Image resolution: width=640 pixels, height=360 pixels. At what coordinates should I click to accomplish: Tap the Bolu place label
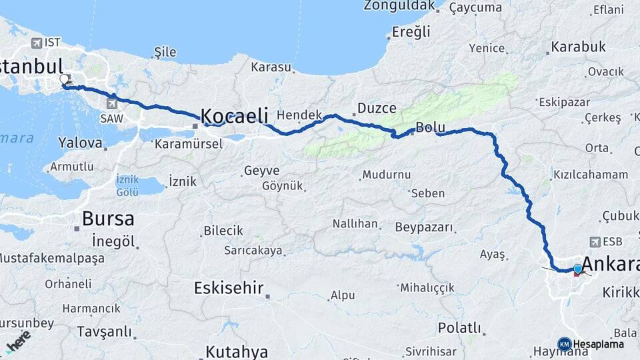pos(429,127)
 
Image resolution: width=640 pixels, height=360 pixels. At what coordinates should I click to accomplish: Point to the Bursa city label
pos(107,219)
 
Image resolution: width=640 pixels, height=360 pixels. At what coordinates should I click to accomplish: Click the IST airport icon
pos(36,43)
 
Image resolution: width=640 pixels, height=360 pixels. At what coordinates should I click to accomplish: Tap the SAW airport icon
pos(111,103)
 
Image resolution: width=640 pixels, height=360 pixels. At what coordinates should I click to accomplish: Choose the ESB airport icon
pos(595,242)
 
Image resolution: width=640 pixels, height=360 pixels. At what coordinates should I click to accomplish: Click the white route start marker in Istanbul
pos(64,79)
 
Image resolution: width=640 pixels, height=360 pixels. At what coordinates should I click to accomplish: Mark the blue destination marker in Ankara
pos(577,268)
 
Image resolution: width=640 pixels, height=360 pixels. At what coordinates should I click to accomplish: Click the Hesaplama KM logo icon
pos(564,344)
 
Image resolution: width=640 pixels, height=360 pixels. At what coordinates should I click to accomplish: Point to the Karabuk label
pos(577,47)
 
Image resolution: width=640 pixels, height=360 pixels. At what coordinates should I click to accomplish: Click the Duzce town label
pos(377,107)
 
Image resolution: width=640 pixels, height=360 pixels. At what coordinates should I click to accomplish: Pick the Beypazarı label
pos(425,227)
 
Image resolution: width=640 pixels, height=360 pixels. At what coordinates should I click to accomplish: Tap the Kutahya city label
pos(237,351)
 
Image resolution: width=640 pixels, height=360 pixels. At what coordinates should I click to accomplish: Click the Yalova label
pos(80,142)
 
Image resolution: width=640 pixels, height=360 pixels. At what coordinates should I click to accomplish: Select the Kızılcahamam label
pos(590,174)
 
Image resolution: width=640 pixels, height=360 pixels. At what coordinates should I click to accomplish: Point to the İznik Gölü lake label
pos(127,186)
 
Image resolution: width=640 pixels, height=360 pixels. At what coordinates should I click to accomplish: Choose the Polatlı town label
pos(459,327)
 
